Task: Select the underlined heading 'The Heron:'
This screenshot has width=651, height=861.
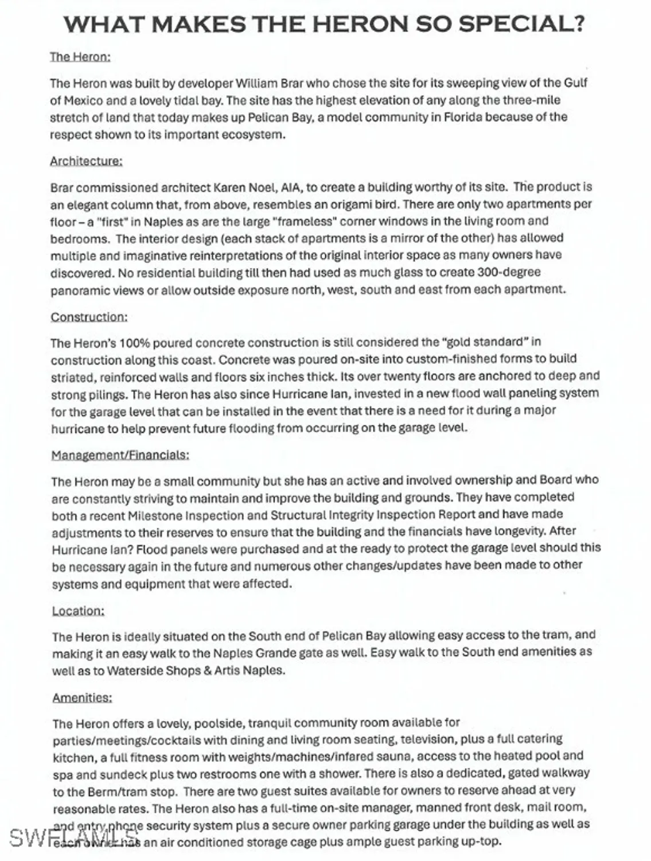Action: pyautogui.click(x=80, y=56)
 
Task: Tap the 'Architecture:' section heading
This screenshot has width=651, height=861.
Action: pyautogui.click(x=86, y=161)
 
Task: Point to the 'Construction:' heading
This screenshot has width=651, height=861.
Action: pyautogui.click(x=89, y=317)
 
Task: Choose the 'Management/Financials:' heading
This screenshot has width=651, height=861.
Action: pyautogui.click(x=120, y=455)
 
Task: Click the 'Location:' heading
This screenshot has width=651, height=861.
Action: pyautogui.click(x=78, y=610)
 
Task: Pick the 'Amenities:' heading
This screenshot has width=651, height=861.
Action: pyautogui.click(x=82, y=697)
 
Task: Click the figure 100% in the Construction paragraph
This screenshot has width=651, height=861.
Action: pyautogui.click(x=134, y=343)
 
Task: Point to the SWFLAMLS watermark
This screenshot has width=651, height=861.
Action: pyautogui.click(x=74, y=838)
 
